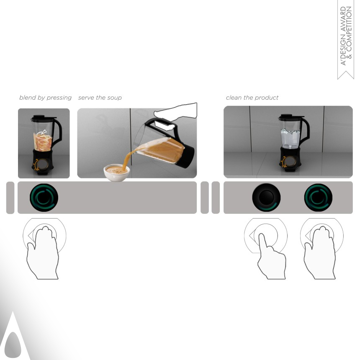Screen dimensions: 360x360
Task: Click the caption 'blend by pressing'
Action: (45, 98)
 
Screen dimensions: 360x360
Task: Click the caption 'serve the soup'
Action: (100, 98)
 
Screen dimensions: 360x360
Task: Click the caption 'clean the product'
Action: (252, 98)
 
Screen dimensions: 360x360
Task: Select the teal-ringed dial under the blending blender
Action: (44, 197)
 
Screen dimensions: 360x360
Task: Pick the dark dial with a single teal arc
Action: (266, 197)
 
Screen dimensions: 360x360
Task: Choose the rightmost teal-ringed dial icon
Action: (318, 197)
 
